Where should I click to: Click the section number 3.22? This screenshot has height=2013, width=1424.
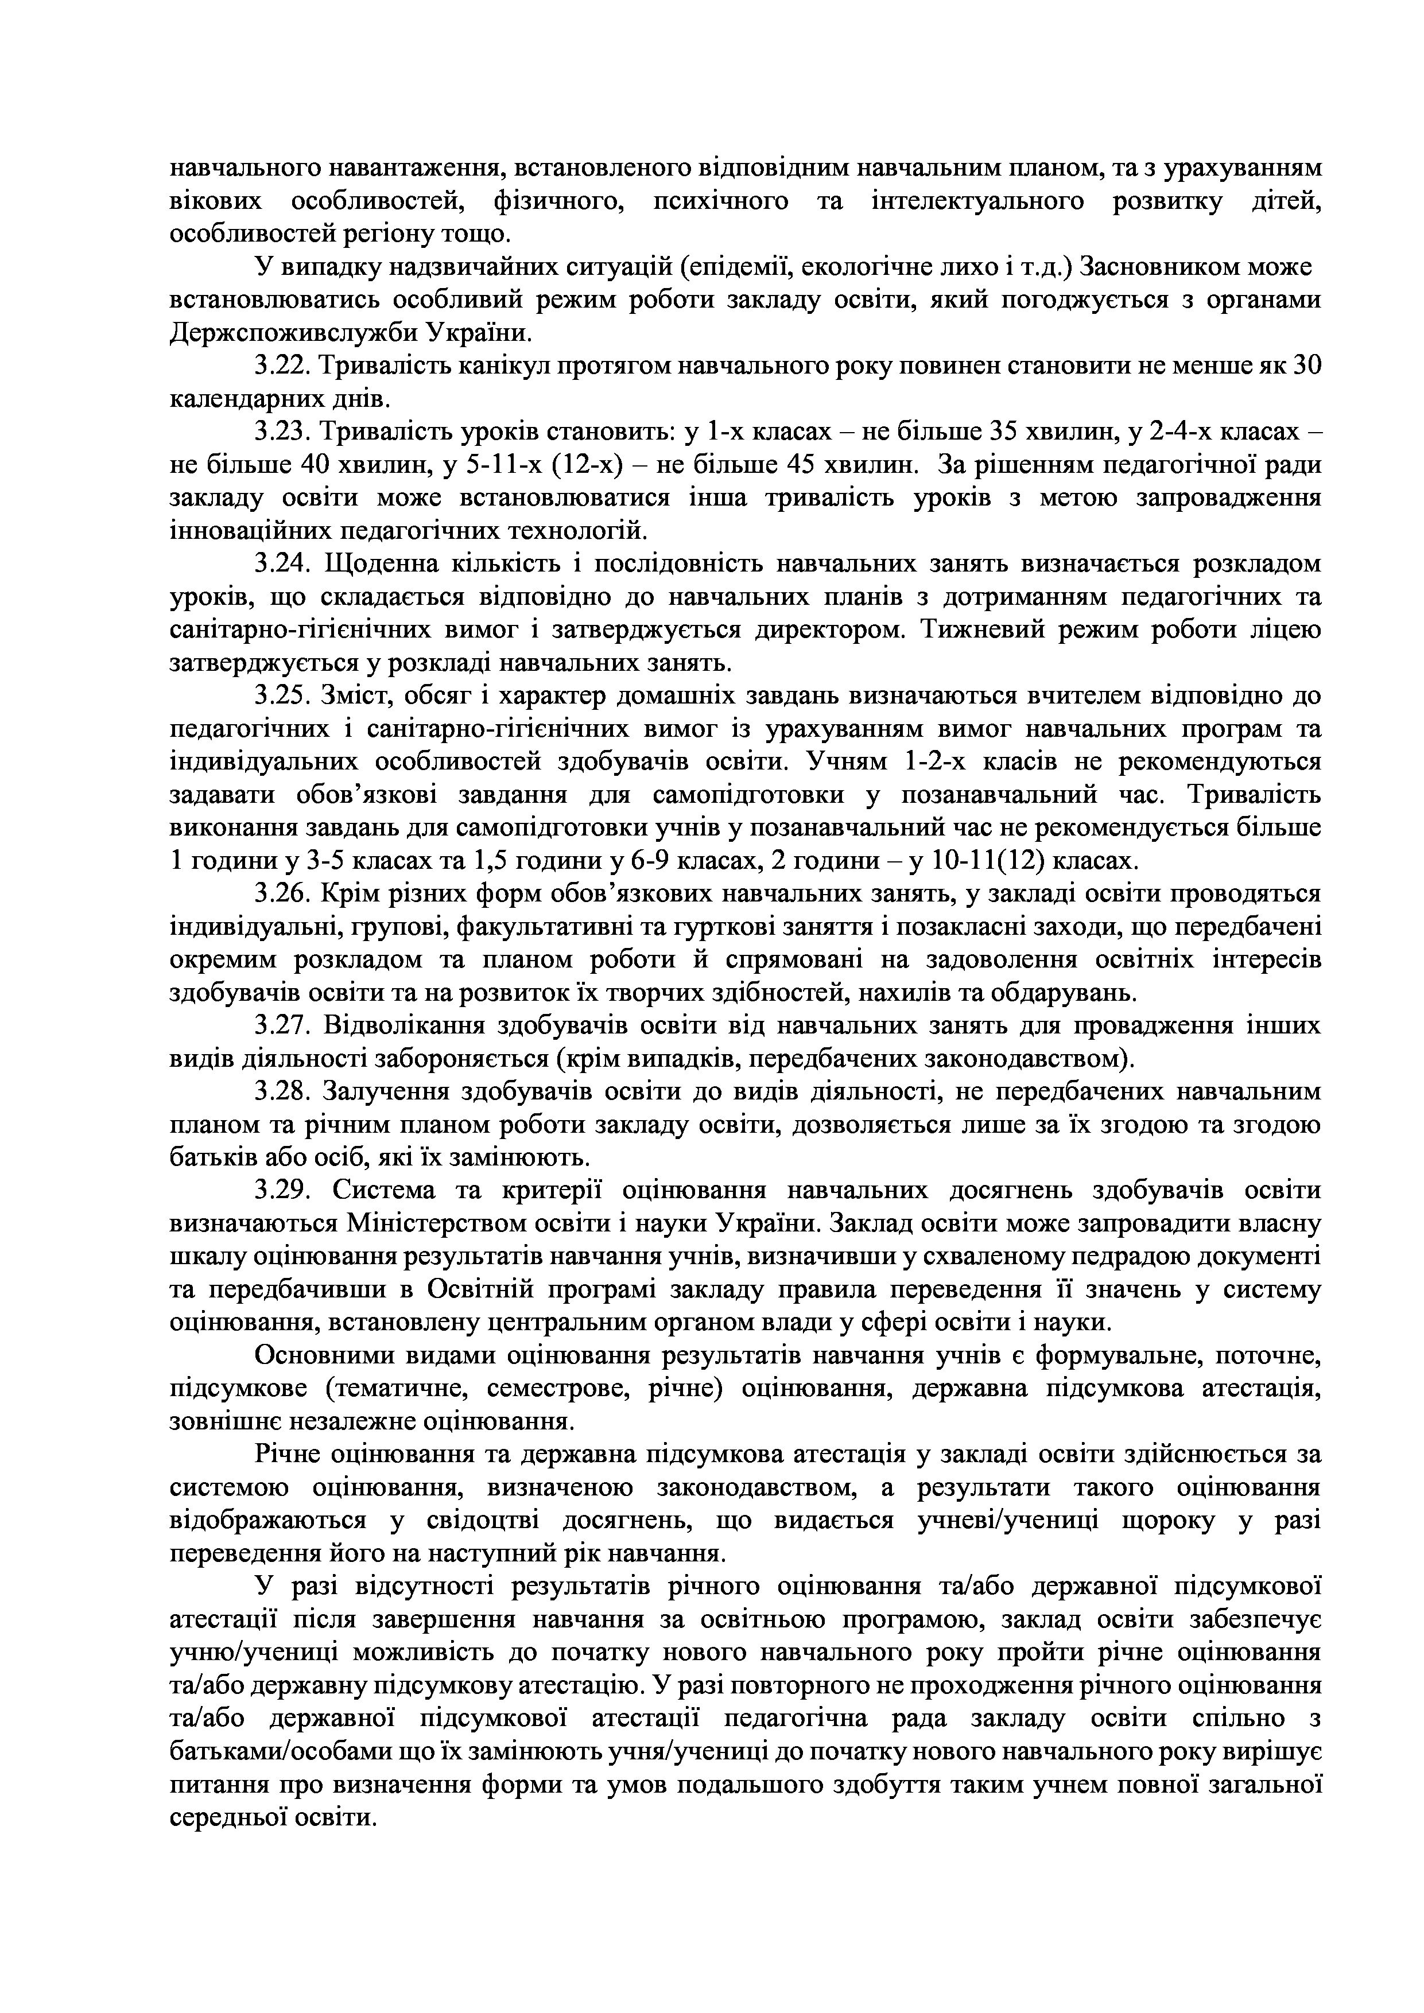[x=283, y=367]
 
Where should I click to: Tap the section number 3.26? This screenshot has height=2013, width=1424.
[x=283, y=894]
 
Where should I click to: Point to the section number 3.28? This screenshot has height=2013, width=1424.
[x=283, y=1093]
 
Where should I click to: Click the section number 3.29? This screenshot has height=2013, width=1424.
[x=283, y=1191]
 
